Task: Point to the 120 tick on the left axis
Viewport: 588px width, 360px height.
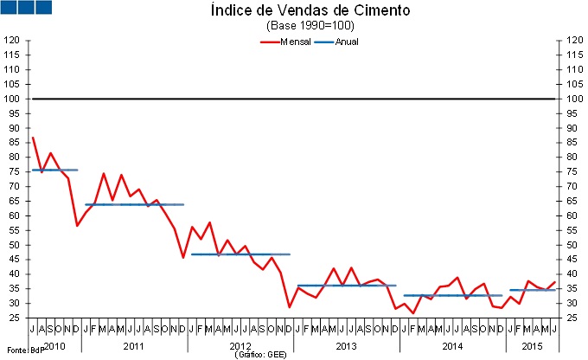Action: pos(13,41)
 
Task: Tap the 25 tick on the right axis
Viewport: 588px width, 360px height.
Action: pos(574,318)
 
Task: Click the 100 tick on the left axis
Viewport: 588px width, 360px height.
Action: pos(13,99)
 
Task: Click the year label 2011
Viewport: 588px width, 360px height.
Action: pos(133,345)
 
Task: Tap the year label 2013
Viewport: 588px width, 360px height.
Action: pos(345,345)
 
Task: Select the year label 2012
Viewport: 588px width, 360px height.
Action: pos(240,345)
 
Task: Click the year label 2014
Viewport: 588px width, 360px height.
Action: pos(451,345)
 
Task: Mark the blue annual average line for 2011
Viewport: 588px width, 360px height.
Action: pos(134,204)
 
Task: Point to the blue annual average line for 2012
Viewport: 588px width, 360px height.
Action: pos(240,254)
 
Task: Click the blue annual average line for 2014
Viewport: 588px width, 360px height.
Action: pos(452,295)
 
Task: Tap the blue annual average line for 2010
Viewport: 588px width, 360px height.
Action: pos(54,170)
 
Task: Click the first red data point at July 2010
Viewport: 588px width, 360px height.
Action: pos(32,138)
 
